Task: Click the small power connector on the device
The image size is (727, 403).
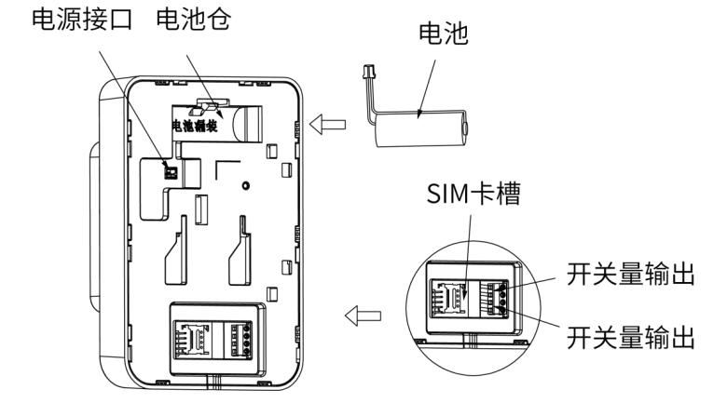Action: point(170,170)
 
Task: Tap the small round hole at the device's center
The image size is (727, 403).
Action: point(243,185)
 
